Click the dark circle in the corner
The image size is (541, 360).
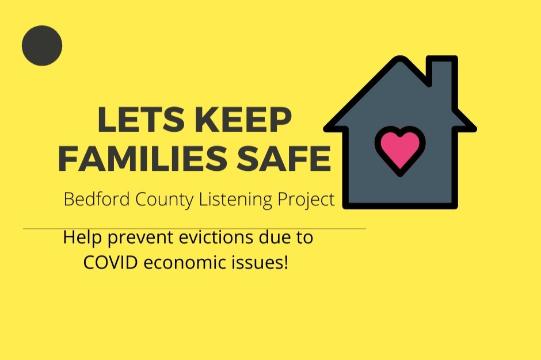(42, 45)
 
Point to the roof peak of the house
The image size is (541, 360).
(401, 58)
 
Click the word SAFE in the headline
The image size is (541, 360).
(284, 158)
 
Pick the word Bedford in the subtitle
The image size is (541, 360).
(97, 199)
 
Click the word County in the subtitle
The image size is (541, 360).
(165, 200)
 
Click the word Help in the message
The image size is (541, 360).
(82, 238)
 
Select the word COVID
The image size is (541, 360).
(111, 262)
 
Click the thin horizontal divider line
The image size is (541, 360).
(195, 229)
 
